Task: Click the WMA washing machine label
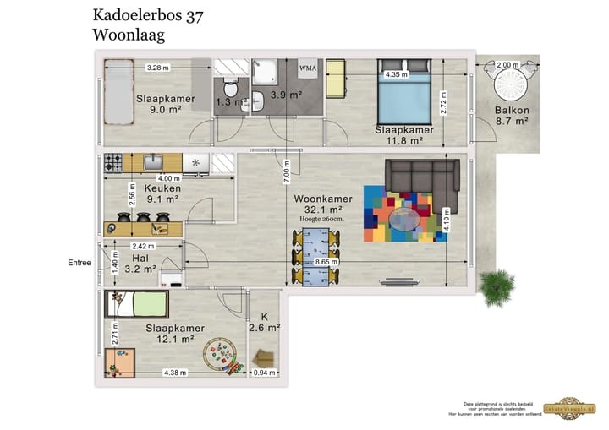pos(308,68)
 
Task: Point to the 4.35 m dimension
pos(396,74)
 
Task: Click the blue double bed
pos(406,97)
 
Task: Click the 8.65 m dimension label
pos(326,262)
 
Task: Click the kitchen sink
pos(153,162)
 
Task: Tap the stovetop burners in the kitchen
pos(114,162)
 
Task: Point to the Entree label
pos(79,263)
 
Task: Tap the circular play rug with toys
pos(222,355)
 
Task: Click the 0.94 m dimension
pos(265,373)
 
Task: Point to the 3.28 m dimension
pos(156,68)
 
